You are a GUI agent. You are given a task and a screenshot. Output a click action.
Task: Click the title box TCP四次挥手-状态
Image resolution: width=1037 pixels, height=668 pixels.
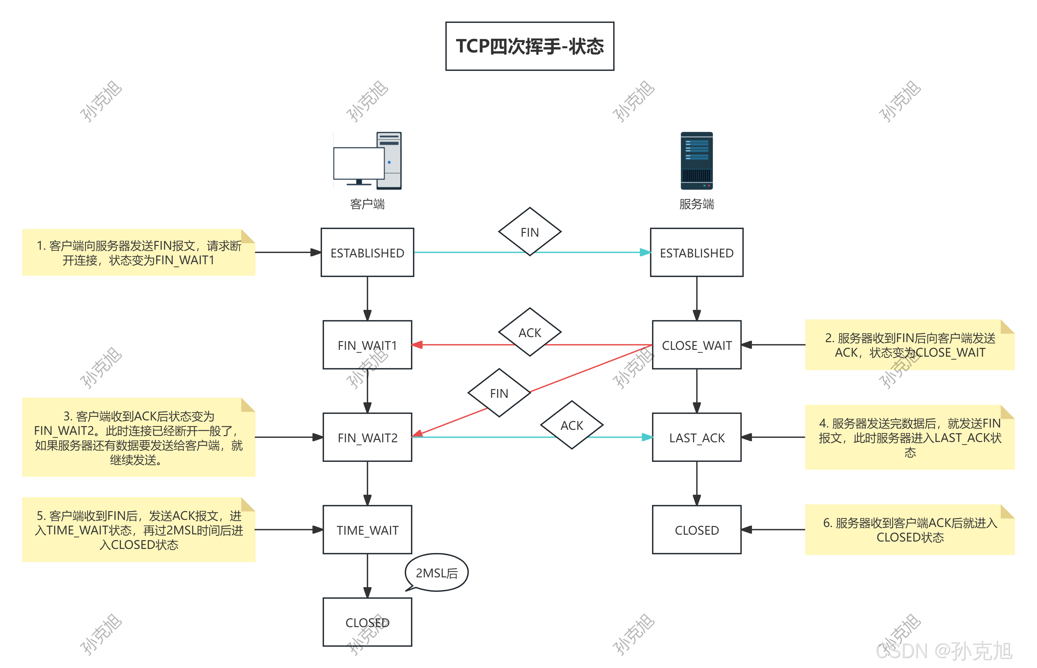(529, 46)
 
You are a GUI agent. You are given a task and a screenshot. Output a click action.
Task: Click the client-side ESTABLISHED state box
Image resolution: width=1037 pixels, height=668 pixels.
(367, 252)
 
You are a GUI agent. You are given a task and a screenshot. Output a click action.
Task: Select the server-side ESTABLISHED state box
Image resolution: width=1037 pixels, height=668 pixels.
(696, 252)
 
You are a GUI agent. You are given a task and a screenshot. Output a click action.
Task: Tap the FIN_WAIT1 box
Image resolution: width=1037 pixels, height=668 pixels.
(367, 345)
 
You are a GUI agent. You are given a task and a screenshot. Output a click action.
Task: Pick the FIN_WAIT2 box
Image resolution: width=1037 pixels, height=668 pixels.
(367, 437)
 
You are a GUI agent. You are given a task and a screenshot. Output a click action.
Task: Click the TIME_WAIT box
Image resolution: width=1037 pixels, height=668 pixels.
(367, 530)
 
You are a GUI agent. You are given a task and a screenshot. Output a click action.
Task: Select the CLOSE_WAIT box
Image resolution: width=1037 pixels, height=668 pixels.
(696, 345)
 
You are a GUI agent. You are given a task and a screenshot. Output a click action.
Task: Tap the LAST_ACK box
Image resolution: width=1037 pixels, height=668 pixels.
(696, 437)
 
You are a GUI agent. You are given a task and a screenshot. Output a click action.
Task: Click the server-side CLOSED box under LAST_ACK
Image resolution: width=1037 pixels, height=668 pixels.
(696, 530)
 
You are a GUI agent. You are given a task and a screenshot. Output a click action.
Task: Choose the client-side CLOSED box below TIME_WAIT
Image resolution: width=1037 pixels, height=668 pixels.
(367, 622)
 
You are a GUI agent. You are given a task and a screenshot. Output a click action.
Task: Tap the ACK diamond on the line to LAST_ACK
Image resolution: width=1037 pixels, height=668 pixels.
(571, 425)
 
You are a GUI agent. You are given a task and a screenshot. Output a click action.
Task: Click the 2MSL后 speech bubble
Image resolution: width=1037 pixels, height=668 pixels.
(437, 573)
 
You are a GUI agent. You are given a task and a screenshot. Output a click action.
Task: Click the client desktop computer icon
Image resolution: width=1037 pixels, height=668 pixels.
(367, 161)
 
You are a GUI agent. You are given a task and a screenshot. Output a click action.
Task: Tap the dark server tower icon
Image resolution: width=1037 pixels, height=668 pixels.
(696, 161)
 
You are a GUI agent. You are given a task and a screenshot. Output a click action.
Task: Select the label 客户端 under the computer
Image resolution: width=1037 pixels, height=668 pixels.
(367, 204)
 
